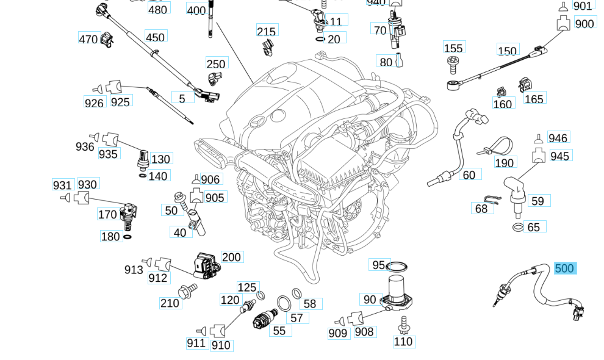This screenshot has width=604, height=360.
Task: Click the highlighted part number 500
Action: [x=564, y=268]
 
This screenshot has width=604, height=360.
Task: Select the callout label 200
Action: [x=231, y=257]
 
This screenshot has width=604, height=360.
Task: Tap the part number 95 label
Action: [x=378, y=265]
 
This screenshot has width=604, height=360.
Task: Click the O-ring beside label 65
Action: [x=517, y=228]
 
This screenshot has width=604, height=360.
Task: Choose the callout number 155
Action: [x=453, y=48]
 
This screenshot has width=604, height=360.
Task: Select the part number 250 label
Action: [x=216, y=64]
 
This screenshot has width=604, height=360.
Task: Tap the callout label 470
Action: [x=88, y=39]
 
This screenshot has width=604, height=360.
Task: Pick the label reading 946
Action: [x=558, y=138]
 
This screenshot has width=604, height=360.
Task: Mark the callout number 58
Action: [x=310, y=304]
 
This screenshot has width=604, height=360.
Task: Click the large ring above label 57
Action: [x=284, y=303]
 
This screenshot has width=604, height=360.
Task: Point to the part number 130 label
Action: [x=160, y=159]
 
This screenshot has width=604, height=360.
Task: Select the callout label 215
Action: [x=266, y=32]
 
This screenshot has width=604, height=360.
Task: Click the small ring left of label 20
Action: [x=320, y=39]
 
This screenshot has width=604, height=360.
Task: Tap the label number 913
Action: [x=134, y=270]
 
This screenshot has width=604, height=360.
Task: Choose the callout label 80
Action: [x=386, y=62]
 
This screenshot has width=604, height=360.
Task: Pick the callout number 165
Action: [x=534, y=99]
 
